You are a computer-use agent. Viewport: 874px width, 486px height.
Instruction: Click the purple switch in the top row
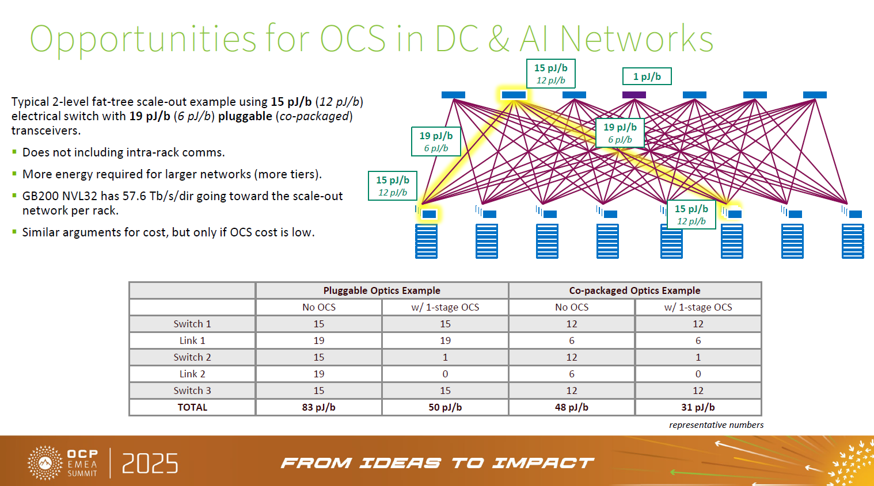(x=634, y=95)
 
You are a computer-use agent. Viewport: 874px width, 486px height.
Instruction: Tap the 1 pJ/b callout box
(x=647, y=76)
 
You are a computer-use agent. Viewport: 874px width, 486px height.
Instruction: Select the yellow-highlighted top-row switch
(x=514, y=95)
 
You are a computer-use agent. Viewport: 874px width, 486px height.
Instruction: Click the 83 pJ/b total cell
(x=318, y=407)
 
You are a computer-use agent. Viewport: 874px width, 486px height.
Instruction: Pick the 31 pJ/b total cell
(x=698, y=407)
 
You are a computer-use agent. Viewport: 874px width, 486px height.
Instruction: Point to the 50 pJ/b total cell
(x=445, y=407)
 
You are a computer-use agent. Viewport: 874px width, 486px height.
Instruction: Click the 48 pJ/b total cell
(x=572, y=407)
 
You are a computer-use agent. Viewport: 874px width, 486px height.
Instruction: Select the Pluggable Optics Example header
(x=382, y=290)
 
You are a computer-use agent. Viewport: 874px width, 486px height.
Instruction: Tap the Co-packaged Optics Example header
(x=635, y=290)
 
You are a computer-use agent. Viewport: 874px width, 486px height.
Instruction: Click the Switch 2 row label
(x=192, y=357)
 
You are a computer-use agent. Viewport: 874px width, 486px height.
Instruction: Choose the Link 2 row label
(x=192, y=374)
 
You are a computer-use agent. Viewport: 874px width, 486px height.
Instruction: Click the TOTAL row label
(x=192, y=407)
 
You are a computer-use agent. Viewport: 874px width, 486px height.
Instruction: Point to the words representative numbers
(x=716, y=425)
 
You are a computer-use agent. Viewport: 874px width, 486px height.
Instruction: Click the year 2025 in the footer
(x=150, y=464)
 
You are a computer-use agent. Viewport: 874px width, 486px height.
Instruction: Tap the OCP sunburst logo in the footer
(x=45, y=462)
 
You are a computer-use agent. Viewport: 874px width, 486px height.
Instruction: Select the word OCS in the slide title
(x=353, y=39)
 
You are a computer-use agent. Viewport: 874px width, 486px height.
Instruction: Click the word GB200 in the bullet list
(x=39, y=196)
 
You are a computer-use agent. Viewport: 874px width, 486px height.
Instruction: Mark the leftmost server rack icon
(x=426, y=241)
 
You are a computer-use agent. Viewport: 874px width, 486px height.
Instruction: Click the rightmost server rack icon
(x=853, y=241)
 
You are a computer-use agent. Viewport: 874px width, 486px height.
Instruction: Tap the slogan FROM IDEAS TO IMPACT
(x=438, y=463)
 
